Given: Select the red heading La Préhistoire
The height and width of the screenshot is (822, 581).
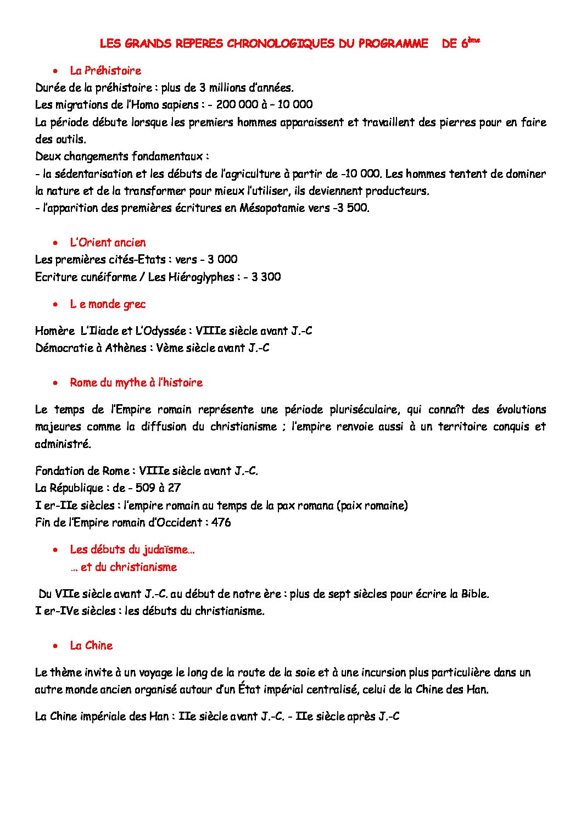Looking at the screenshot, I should pos(105,71).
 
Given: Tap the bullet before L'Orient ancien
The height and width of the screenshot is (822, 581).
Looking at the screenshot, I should pos(55,243).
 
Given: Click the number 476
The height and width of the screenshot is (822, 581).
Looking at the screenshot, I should pos(221,523).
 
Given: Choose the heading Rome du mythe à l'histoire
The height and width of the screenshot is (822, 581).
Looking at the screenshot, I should pos(136,383).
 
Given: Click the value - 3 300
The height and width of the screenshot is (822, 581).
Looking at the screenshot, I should pos(262,277).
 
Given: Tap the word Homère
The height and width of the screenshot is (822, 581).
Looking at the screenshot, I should pos(54,331).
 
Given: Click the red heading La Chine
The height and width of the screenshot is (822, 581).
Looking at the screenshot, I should pos(91,646).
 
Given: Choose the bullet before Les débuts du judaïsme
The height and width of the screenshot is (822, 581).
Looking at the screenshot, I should pos(55,550).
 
